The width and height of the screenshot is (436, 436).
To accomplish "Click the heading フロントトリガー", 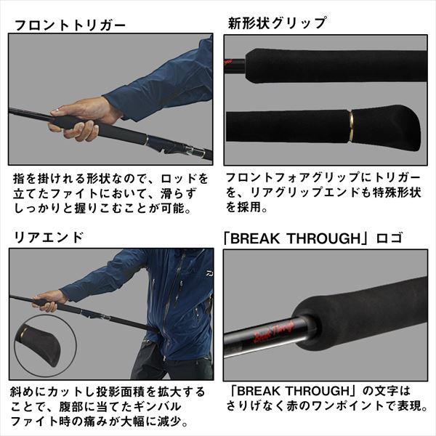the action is point(70,25).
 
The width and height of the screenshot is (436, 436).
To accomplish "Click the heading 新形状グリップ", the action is point(278,23).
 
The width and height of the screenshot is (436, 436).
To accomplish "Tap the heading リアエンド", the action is point(49,238).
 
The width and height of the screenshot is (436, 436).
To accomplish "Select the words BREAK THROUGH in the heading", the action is point(295,238).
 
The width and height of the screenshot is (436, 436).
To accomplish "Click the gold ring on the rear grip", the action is point(351,126).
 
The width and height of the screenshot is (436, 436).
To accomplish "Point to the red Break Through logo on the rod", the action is point(274,333).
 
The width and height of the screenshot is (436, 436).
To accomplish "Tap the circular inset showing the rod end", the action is point(45,346).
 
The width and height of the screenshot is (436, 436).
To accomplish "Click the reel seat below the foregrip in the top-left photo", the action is point(178,147).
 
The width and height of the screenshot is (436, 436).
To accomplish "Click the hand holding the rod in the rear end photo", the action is point(49,301).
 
